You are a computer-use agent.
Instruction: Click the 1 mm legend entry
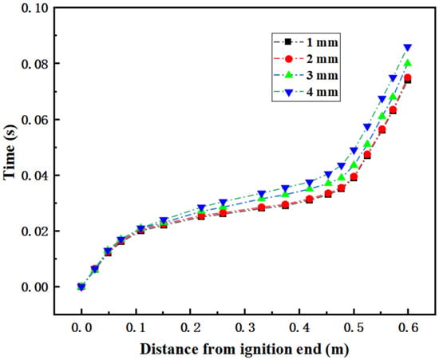[x=306, y=42]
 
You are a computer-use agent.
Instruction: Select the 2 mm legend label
[x=322, y=59]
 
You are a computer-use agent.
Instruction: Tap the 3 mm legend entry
[x=306, y=75]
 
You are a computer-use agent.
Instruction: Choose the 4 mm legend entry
[x=306, y=92]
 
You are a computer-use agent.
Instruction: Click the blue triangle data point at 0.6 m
[x=408, y=48]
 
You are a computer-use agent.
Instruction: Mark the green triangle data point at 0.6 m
[x=408, y=63]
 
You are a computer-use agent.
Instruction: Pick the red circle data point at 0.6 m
[x=408, y=77]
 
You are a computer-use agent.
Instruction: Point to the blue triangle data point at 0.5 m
[x=354, y=151]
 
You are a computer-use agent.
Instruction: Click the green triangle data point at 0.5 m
[x=354, y=164]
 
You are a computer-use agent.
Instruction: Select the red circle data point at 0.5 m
[x=354, y=177]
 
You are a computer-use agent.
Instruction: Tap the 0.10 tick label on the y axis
[x=34, y=7]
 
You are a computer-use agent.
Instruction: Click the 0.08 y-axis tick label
[x=34, y=64]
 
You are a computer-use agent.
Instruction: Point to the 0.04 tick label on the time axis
[x=34, y=176]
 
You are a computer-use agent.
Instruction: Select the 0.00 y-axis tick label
[x=34, y=287]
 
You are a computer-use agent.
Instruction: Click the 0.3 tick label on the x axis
[x=245, y=328]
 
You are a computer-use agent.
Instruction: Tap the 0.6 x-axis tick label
[x=409, y=328]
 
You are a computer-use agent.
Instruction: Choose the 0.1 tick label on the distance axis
[x=136, y=328]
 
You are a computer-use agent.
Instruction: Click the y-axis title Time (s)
[x=10, y=152]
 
